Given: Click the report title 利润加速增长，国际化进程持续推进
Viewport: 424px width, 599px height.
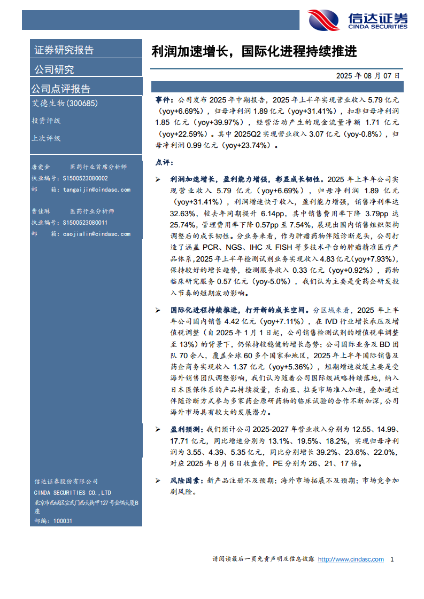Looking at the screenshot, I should coord(254,52).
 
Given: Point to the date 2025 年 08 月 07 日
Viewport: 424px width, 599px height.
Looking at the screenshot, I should coord(368,76).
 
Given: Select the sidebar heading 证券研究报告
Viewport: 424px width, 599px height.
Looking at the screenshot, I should coord(64,50).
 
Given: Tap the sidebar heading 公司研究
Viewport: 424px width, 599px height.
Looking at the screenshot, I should coord(54,69).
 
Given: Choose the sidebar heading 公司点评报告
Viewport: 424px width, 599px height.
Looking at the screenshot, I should coord(60,89).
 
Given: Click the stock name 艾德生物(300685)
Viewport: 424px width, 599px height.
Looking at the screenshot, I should coord(65,103).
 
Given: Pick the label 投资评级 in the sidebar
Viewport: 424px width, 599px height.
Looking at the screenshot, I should coord(46,121).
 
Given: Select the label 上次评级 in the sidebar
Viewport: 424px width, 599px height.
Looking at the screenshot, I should coord(46,138).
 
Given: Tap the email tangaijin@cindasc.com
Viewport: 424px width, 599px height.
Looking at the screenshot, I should coord(96,189).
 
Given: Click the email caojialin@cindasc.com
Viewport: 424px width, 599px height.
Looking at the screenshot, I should coord(96,233).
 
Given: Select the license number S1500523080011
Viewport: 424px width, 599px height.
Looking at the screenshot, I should coord(85,223).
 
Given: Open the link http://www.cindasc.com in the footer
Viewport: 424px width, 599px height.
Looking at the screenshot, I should coord(351,559).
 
